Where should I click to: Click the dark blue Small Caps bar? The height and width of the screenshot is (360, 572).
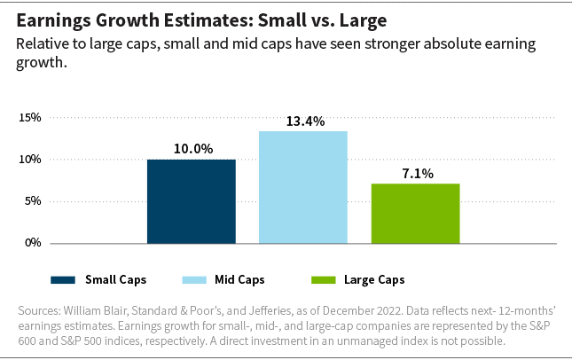coord(192,201)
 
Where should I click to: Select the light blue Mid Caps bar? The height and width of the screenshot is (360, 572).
coord(303,187)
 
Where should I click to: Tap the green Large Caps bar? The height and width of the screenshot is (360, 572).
coord(415,213)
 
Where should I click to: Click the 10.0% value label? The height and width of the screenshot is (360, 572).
coord(192,149)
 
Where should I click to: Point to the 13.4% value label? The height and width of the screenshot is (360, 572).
coord(303,121)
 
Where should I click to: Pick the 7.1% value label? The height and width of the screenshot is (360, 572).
coord(415,174)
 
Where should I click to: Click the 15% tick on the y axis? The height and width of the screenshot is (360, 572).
coord(30,118)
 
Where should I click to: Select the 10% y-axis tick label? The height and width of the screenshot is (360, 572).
coord(30,160)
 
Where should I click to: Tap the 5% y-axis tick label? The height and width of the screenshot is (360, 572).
coord(33,201)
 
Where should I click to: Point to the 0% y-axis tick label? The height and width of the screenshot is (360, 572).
coord(33,242)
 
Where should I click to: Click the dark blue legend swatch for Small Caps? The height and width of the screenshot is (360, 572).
coord(63,279)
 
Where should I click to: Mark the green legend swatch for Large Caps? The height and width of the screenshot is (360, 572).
coord(325,279)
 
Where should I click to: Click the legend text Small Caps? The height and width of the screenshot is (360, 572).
coord(115,279)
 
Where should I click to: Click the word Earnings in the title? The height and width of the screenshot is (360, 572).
coord(51,20)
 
